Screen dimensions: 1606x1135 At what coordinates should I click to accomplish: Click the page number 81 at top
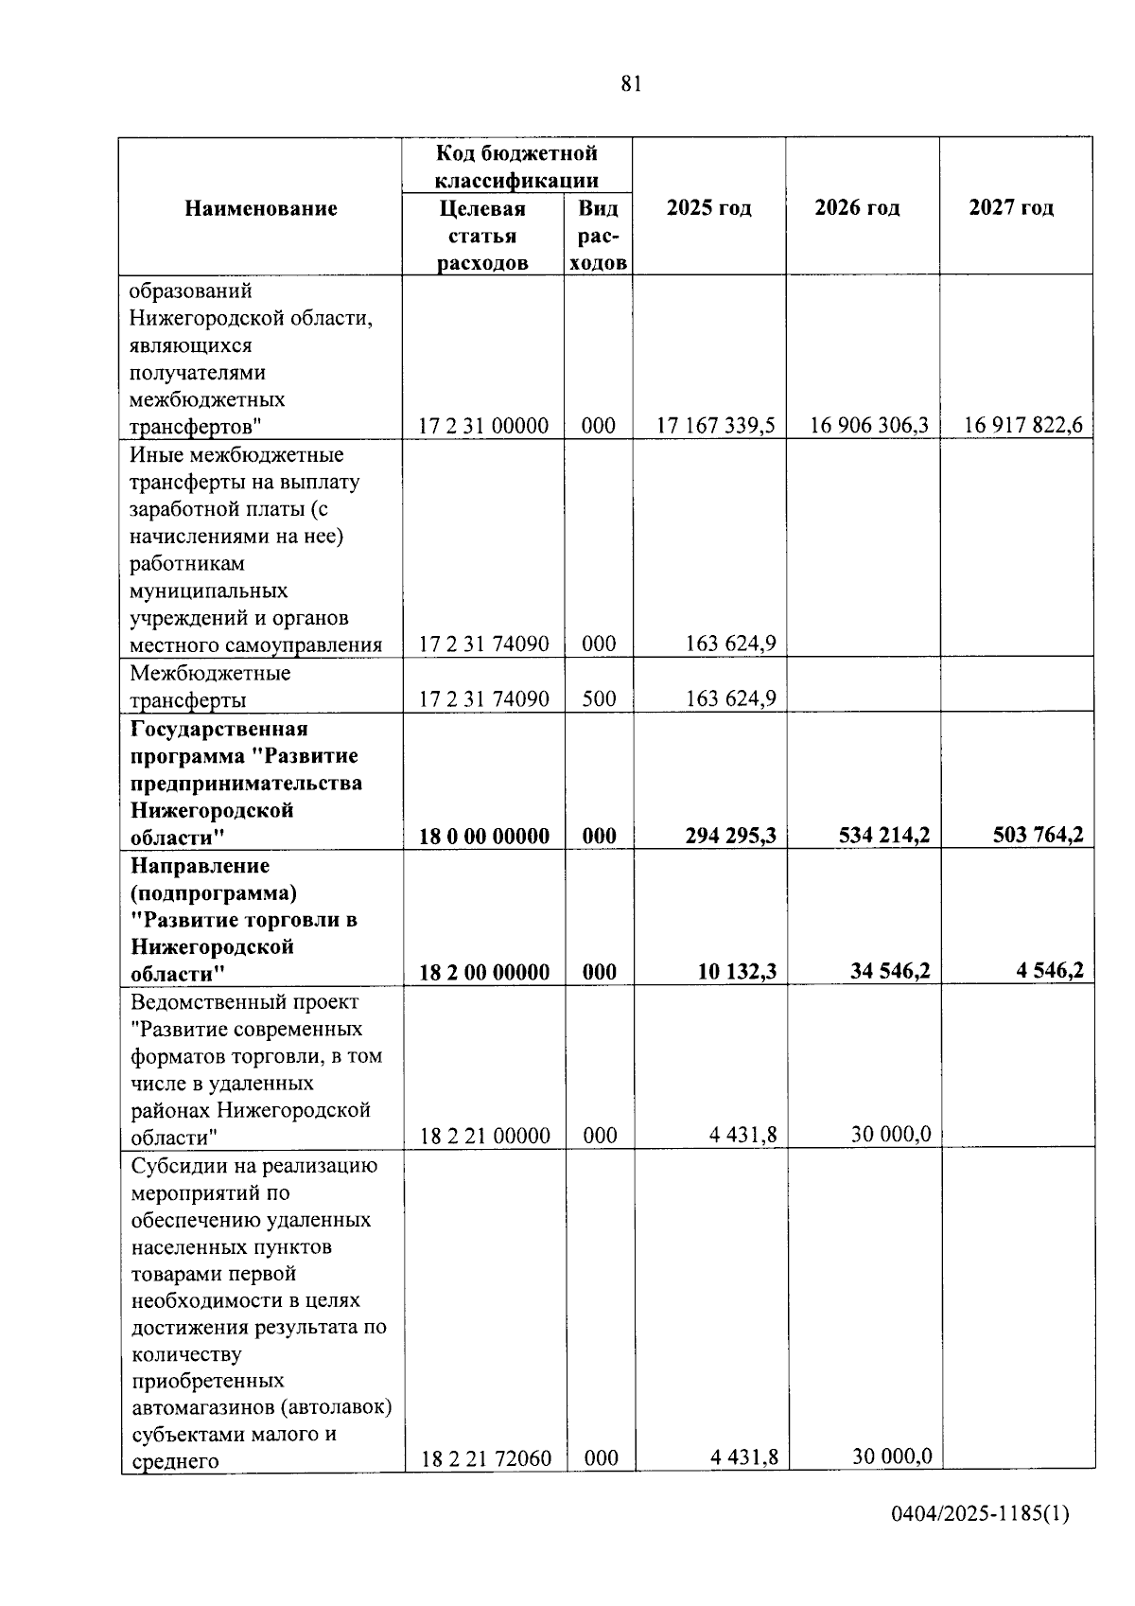click(632, 84)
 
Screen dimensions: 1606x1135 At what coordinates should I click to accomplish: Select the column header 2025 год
click(708, 208)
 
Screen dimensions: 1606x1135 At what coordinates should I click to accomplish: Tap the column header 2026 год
click(857, 208)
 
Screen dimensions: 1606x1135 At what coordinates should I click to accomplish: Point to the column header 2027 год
click(1011, 208)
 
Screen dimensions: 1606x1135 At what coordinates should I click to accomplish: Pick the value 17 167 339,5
click(716, 426)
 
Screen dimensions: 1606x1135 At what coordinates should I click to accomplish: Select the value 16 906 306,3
click(869, 426)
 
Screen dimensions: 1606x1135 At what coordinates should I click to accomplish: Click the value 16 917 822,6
click(1023, 426)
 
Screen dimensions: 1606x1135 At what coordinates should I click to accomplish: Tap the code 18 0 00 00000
click(484, 837)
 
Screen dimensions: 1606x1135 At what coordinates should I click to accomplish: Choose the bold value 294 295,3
click(731, 836)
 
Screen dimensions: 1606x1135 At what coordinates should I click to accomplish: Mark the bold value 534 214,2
click(884, 836)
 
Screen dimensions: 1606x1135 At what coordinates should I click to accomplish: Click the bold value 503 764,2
click(1038, 836)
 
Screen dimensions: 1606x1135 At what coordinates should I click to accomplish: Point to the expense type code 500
click(599, 699)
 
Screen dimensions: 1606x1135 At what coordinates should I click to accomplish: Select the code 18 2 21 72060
click(485, 1458)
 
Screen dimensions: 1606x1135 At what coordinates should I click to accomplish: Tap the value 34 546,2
click(890, 971)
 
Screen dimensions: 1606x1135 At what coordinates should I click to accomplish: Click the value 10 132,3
click(737, 971)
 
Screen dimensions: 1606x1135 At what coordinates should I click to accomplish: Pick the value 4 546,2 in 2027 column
click(1050, 971)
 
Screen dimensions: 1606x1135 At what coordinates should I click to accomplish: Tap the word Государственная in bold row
click(219, 730)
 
